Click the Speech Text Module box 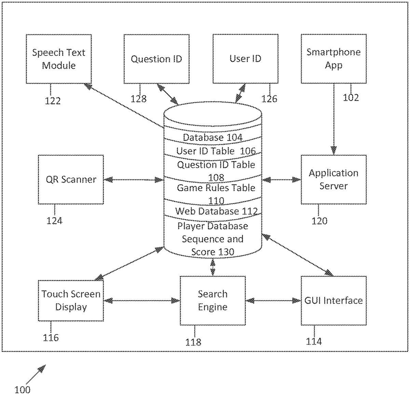59,59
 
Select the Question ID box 156,59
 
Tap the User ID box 245,59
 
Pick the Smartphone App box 333,58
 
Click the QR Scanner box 71,180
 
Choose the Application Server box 333,180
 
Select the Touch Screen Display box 71,301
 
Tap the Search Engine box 213,301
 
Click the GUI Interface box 333,301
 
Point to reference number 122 53,101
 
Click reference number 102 351,98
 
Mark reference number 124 54,221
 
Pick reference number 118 193,342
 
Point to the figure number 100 23,390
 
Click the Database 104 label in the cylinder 213,137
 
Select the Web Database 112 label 216,211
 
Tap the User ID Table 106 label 216,151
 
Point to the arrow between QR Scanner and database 134,180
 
